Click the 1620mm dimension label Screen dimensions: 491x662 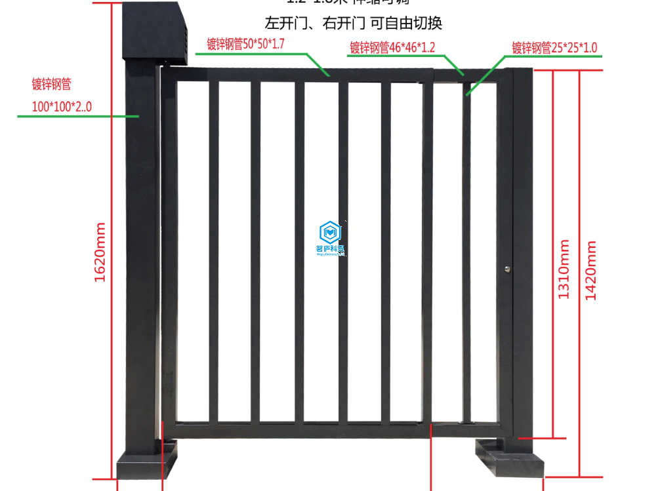click(100, 252)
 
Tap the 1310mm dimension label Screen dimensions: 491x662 click(564, 269)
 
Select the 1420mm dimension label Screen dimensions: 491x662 click(591, 270)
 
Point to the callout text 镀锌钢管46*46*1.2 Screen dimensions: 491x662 click(392, 47)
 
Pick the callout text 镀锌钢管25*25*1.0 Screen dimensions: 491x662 click(554, 47)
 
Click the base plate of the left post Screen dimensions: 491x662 click(148, 463)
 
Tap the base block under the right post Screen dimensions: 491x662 click(510, 459)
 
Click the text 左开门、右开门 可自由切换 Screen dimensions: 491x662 click(353, 24)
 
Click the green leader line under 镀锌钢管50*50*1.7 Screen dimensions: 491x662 click(262, 54)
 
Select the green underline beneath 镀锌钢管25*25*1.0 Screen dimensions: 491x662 click(554, 56)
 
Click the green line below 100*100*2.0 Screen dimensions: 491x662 click(72, 116)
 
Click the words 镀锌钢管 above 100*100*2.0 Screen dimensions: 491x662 click(51, 84)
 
